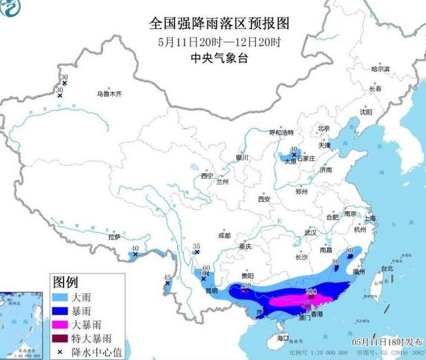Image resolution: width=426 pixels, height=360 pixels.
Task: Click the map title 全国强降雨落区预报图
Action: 219,23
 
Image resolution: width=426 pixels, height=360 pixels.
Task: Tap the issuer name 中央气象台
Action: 219,58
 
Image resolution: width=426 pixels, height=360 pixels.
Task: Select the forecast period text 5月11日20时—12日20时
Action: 219,41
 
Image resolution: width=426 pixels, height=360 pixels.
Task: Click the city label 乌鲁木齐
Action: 109,93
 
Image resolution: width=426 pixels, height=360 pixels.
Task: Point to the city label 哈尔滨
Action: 380,69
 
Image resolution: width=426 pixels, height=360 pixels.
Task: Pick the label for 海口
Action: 282,338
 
